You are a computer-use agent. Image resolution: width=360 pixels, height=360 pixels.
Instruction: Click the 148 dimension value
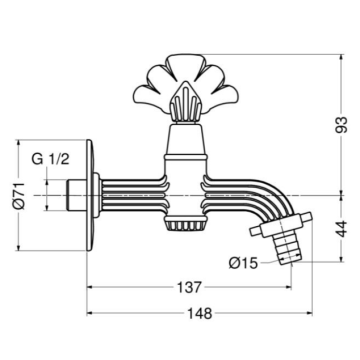[201, 312]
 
